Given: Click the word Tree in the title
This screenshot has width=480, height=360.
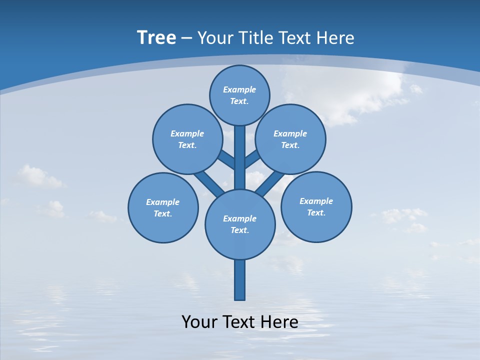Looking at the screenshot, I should tap(156, 37).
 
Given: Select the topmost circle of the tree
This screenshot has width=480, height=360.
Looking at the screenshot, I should tap(239, 95).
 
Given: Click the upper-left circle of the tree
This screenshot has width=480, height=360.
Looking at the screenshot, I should tap(187, 139).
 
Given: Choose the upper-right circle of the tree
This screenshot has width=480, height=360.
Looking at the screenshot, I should tap(290, 139).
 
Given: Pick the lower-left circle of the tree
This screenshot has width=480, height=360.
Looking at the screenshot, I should tap(163, 207).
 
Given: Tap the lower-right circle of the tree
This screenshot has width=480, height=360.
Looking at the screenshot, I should tap(316, 206).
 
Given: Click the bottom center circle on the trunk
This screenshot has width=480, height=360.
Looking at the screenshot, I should tap(240, 224).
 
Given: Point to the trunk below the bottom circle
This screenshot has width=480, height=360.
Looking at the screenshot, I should tap(240, 280).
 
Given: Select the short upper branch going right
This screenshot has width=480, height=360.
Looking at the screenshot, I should tap(252, 159).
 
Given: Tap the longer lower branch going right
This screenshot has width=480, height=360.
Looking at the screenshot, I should tap(270, 183).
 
